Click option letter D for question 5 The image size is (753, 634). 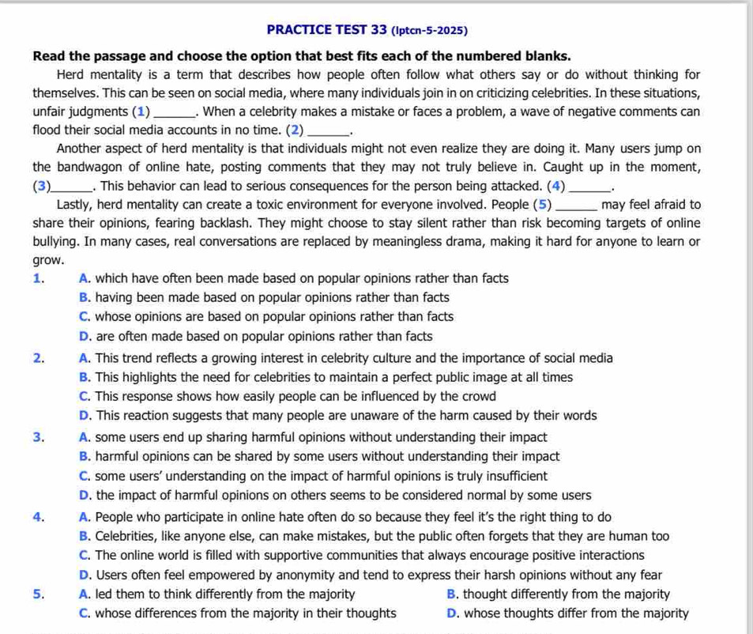pyautogui.click(x=451, y=613)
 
